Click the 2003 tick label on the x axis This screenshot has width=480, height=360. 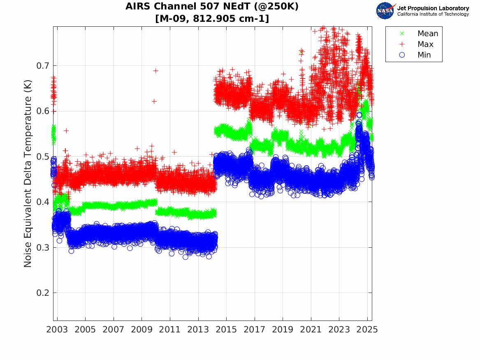[x=57, y=330]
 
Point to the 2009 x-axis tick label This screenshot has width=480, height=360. [x=142, y=330]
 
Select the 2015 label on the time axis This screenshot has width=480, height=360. [x=226, y=330]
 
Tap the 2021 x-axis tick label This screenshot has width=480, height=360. [x=311, y=330]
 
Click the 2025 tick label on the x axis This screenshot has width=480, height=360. [x=367, y=330]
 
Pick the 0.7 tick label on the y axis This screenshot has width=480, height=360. [x=42, y=66]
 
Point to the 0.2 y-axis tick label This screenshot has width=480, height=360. [x=42, y=293]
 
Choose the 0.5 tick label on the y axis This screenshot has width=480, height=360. [x=42, y=157]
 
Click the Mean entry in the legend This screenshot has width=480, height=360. [x=428, y=34]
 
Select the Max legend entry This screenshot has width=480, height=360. [x=425, y=44]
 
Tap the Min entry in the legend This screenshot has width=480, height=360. [x=424, y=55]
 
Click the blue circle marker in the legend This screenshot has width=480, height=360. [x=402, y=55]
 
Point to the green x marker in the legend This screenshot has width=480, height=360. [x=402, y=34]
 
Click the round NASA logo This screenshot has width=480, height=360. [x=385, y=11]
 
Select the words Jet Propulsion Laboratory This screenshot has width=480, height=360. [x=433, y=8]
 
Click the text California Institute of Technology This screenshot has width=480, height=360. [x=433, y=14]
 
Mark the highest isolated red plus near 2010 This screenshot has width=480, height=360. [x=156, y=71]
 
